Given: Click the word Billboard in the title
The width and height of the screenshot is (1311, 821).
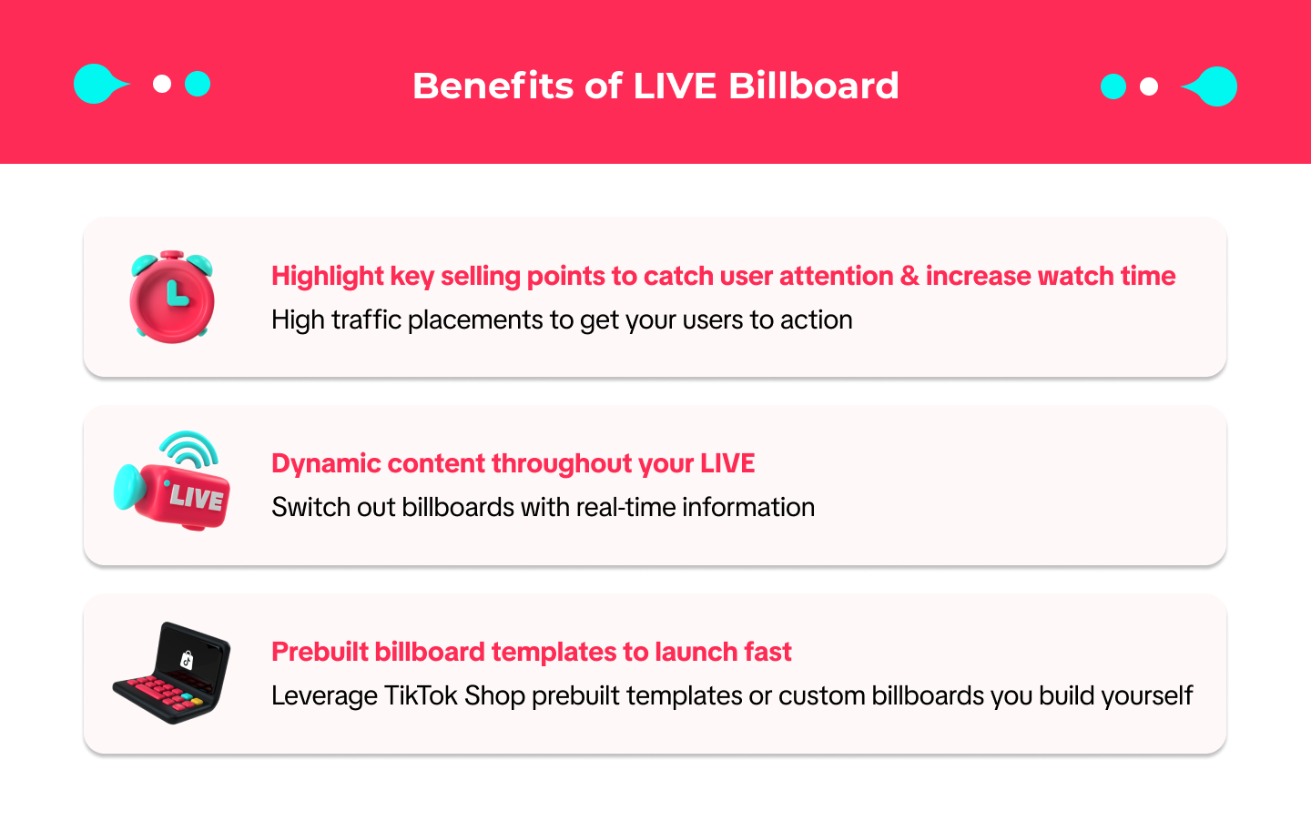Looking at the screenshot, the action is tap(814, 86).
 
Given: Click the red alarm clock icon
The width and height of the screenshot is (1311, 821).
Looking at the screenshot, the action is tap(171, 297).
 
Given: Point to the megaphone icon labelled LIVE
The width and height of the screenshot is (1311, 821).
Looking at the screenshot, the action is tap(171, 481).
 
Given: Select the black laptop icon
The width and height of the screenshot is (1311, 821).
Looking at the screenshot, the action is tap(171, 673).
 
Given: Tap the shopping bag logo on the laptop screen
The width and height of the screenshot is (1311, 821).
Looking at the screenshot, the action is tap(187, 660).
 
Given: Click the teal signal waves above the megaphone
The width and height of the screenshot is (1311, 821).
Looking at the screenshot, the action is tap(188, 448).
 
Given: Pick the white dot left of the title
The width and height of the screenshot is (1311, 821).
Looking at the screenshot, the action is tap(162, 85).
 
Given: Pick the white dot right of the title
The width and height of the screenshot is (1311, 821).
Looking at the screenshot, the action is tap(1149, 86).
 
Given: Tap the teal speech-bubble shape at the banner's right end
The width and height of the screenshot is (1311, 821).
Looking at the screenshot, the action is tap(1210, 86).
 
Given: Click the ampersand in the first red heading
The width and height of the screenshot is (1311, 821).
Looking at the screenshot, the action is tap(910, 276).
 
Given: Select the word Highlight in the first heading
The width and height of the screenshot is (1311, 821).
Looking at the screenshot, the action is tap(327, 277).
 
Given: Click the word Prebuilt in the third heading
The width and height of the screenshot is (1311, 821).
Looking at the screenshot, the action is tap(320, 652).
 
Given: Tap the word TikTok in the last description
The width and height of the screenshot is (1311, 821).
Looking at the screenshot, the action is tap(421, 695).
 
